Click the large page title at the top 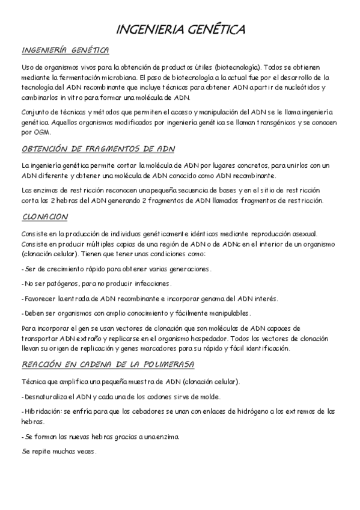click(x=180, y=29)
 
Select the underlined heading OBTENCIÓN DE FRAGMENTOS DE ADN click(x=98, y=149)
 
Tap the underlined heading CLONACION click(x=45, y=217)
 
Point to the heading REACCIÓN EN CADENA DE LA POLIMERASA click(x=108, y=366)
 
